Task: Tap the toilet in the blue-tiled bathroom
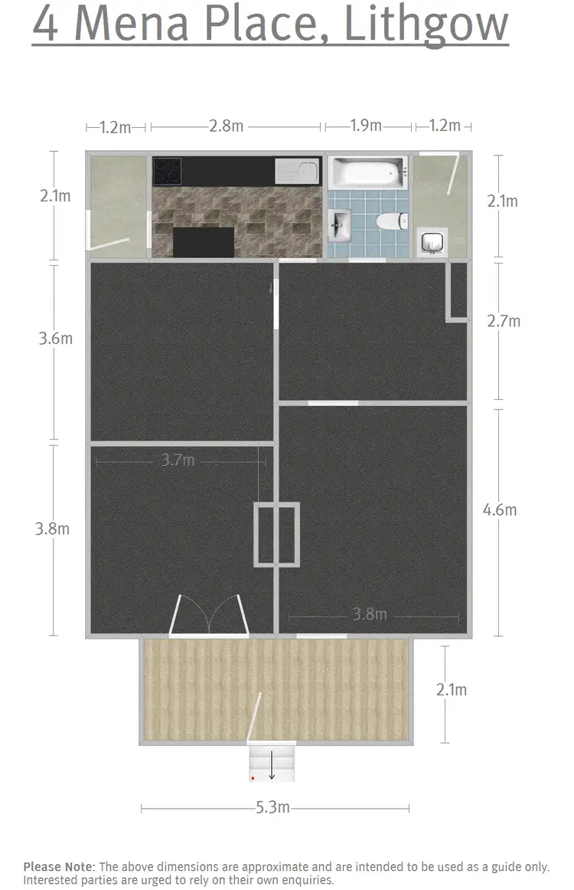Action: [389, 222]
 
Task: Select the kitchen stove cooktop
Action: [167, 171]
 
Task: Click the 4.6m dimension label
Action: [501, 510]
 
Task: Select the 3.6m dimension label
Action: [55, 338]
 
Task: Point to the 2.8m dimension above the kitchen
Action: [227, 126]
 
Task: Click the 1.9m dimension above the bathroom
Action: [366, 126]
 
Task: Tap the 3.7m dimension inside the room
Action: [178, 460]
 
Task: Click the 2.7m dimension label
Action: [503, 321]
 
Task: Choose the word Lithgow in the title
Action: [426, 25]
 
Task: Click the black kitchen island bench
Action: [204, 241]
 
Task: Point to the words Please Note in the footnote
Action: [58, 866]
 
